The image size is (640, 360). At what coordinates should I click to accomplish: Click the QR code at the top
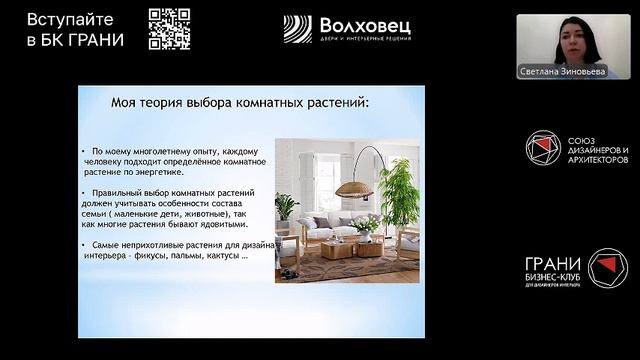click(169, 28)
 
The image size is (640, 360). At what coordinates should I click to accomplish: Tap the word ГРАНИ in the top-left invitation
click(97, 40)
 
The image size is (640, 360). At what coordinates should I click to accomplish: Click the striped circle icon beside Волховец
click(298, 29)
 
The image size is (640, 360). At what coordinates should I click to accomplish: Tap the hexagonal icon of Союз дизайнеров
click(543, 148)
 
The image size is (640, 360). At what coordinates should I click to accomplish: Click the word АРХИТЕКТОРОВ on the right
click(598, 159)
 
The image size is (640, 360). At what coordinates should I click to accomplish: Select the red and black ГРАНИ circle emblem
click(606, 268)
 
